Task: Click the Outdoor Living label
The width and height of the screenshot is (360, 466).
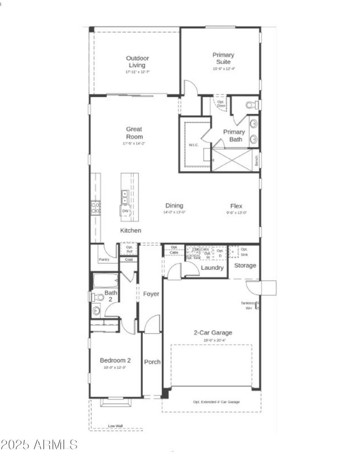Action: [x=137, y=62]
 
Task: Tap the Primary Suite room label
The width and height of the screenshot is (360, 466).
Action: [x=224, y=58]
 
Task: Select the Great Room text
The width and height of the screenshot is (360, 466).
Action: [x=134, y=133]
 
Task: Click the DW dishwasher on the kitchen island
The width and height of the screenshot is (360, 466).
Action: [x=125, y=211]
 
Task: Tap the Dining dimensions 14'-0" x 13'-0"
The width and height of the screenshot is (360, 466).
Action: [x=174, y=212]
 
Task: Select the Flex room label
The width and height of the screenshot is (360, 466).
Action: [x=236, y=206]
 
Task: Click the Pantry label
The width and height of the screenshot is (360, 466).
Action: [x=104, y=260]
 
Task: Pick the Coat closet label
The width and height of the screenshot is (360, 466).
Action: [x=128, y=260]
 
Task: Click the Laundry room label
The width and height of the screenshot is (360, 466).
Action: [x=212, y=268]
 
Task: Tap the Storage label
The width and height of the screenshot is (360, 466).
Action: [x=245, y=265]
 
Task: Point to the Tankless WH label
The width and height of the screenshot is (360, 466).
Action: [x=248, y=306]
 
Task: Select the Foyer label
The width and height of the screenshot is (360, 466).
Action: [x=151, y=294]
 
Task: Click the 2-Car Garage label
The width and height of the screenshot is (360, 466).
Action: [x=213, y=333]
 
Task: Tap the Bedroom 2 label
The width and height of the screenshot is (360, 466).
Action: [x=115, y=360]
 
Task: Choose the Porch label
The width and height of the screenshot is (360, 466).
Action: [x=152, y=362]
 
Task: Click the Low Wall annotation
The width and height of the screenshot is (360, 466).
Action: [x=115, y=425]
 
